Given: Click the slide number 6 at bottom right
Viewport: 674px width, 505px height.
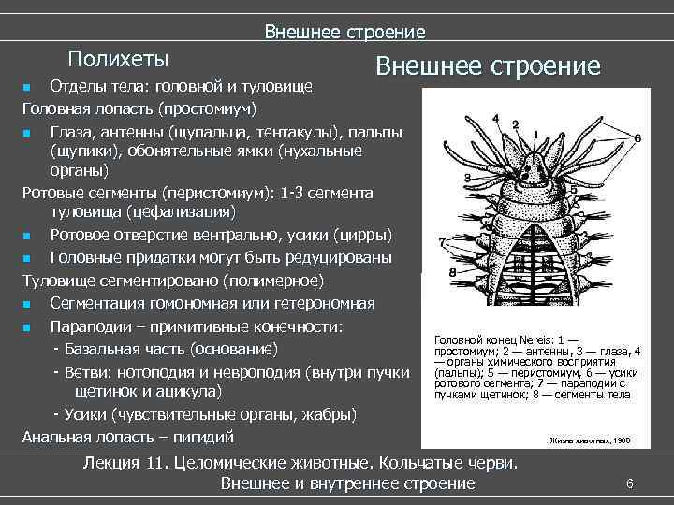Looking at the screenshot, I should pyautogui.click(x=630, y=483).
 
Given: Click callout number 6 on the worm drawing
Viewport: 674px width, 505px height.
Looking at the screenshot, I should pyautogui.click(x=637, y=137).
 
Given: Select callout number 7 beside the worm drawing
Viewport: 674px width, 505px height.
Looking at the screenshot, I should pyautogui.click(x=442, y=242).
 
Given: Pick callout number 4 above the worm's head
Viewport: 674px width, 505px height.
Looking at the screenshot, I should pyautogui.click(x=492, y=119).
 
